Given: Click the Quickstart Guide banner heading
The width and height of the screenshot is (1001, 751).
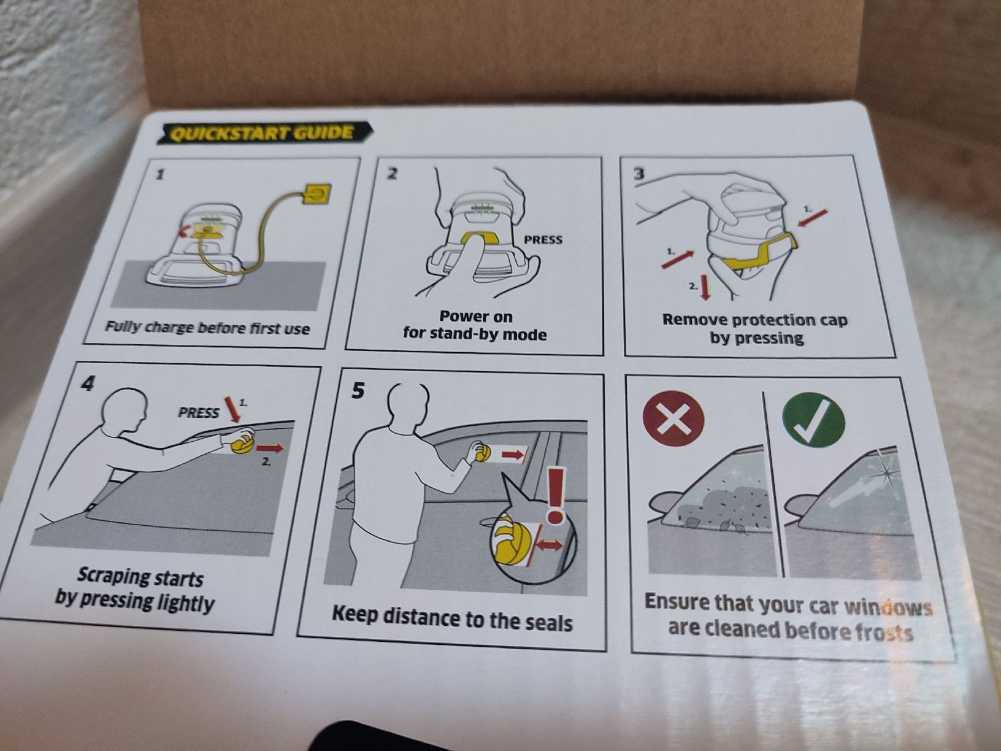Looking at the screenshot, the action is click(264, 133).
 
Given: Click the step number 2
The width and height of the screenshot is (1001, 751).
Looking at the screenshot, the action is click(393, 174).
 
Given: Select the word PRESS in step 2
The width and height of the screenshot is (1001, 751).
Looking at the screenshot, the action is click(543, 239).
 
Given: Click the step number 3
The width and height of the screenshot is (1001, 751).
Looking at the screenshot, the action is click(639, 174).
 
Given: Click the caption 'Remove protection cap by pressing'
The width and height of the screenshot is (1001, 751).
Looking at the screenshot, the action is click(755, 328).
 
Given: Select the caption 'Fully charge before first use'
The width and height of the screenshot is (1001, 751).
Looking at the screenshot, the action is click(207, 328).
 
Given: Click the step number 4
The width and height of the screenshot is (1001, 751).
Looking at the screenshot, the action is click(87, 383).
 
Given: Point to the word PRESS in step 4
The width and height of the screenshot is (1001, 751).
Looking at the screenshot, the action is click(198, 412).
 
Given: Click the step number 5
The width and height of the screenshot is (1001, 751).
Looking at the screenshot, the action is click(358, 391).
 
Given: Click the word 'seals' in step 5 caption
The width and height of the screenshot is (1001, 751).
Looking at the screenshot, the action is click(547, 622).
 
